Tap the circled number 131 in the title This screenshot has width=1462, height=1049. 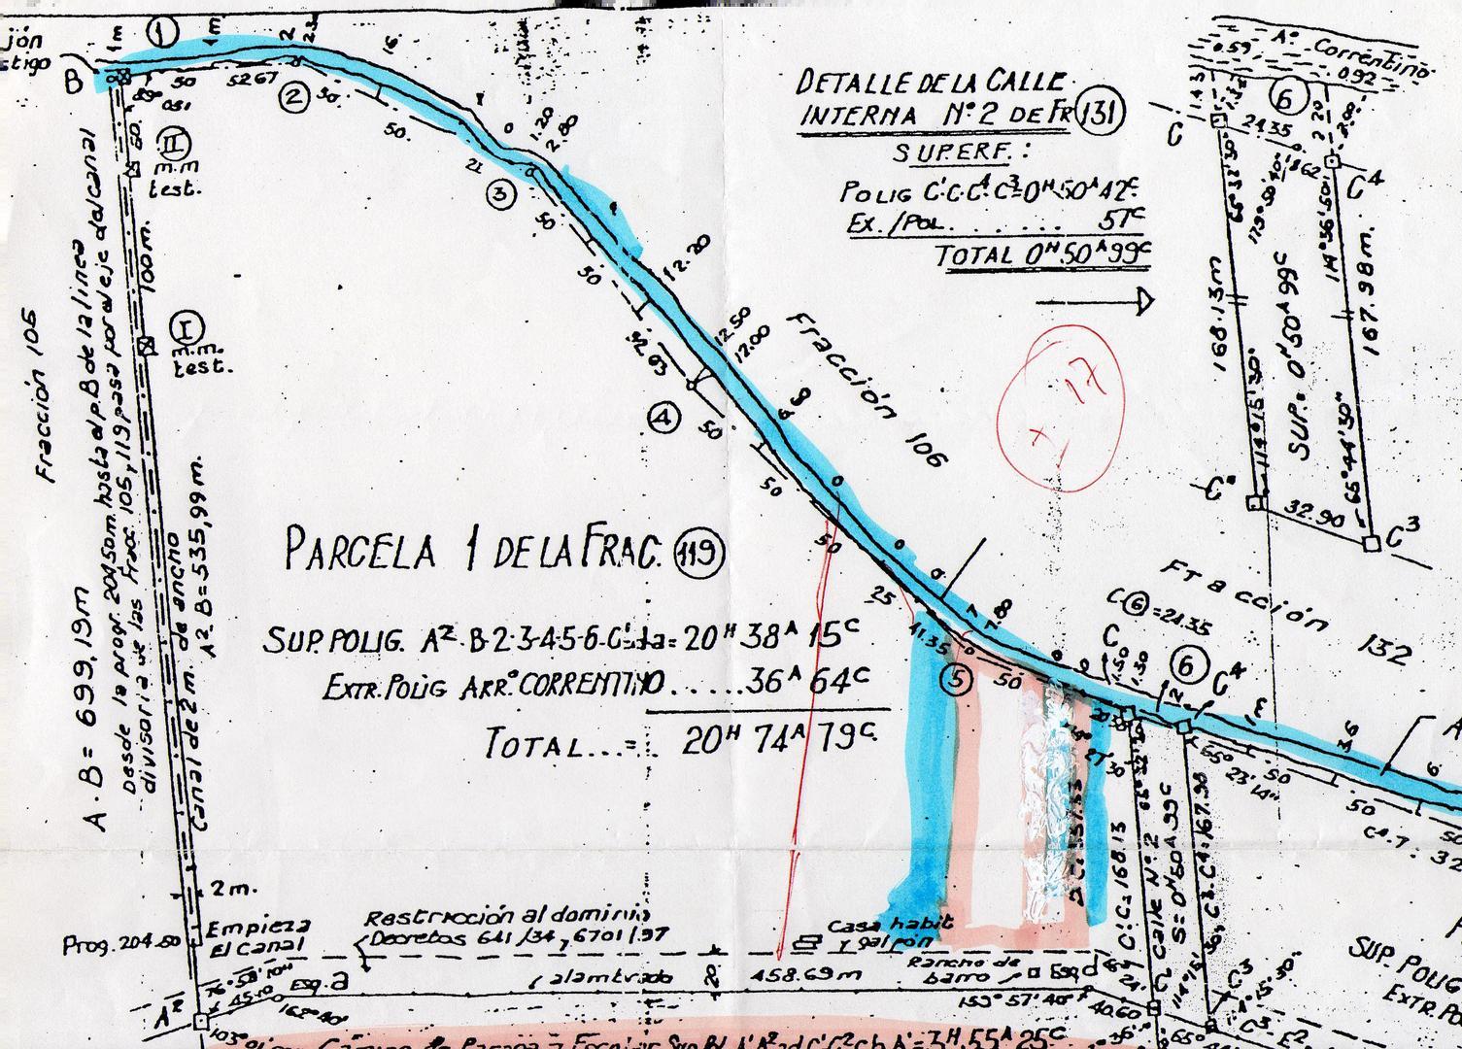coord(1103,114)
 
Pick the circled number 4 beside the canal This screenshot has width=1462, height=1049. coord(664,419)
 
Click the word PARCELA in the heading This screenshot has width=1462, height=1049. coord(358,551)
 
